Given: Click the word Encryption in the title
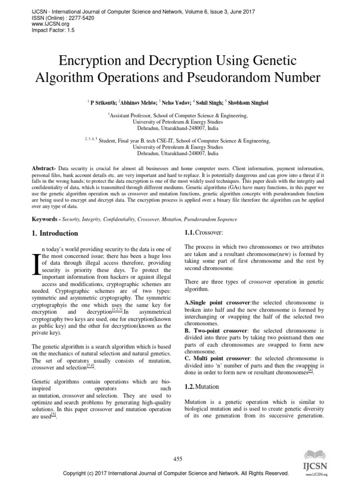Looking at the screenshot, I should coord(97,61).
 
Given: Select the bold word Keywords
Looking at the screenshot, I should coord(45,219).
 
